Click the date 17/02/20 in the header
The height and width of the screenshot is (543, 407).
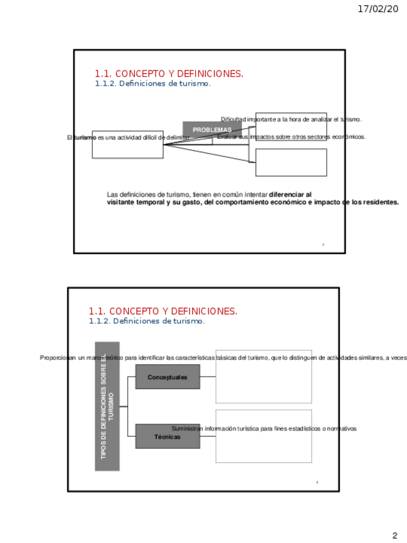377,9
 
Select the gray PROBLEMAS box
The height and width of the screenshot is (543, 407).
212,130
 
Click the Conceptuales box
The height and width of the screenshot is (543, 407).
168,377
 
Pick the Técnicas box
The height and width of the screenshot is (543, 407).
168,437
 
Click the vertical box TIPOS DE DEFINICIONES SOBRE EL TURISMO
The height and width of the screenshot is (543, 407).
107,406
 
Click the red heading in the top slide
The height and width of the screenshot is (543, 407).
169,74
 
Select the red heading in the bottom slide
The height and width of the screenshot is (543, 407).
163,311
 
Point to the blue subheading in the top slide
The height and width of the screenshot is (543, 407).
152,84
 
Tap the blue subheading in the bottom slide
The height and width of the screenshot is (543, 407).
147,321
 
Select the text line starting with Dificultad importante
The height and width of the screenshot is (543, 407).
291,120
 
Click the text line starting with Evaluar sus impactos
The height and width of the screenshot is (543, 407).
291,137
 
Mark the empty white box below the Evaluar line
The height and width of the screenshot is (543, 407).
291,163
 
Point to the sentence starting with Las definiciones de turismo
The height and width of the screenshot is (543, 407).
188,194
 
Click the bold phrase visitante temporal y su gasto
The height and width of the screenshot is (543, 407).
153,202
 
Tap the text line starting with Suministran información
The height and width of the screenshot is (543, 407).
264,428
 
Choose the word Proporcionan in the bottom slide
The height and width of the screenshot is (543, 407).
57,358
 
